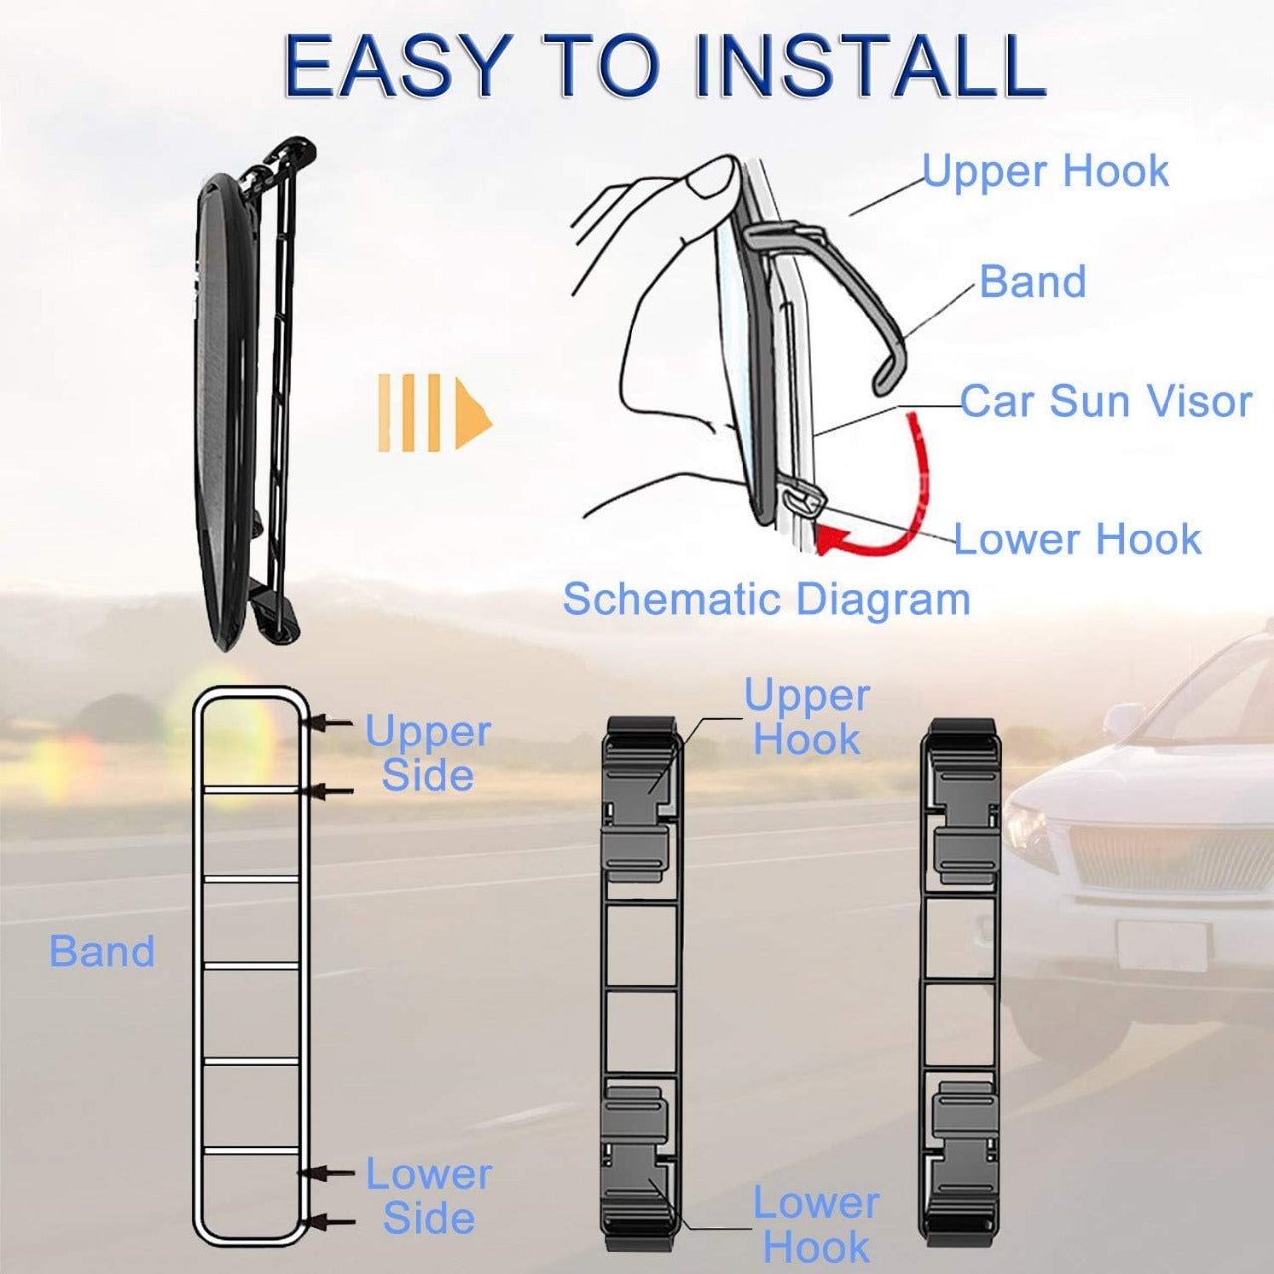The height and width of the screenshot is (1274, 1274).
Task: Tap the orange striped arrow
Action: click(x=434, y=412)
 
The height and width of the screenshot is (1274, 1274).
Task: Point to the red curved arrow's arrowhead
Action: click(x=832, y=540)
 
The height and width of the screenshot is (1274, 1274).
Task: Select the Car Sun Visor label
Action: click(x=1105, y=401)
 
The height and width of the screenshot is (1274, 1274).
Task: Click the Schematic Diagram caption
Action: click(x=766, y=599)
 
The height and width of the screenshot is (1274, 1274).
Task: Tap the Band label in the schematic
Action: click(x=1032, y=281)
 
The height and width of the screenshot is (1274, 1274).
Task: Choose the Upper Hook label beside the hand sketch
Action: click(x=1045, y=171)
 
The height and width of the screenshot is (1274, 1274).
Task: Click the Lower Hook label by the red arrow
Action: click(x=1078, y=539)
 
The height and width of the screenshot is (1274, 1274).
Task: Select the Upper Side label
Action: click(x=428, y=753)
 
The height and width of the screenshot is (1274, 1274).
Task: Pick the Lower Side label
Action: click(x=428, y=1196)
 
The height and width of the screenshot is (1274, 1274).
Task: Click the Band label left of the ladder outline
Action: click(x=103, y=952)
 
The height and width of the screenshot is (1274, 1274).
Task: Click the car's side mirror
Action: click(x=1123, y=720)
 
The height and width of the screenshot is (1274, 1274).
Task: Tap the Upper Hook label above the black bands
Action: click(x=806, y=717)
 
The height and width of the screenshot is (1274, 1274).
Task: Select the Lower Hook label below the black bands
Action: click(x=815, y=1224)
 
